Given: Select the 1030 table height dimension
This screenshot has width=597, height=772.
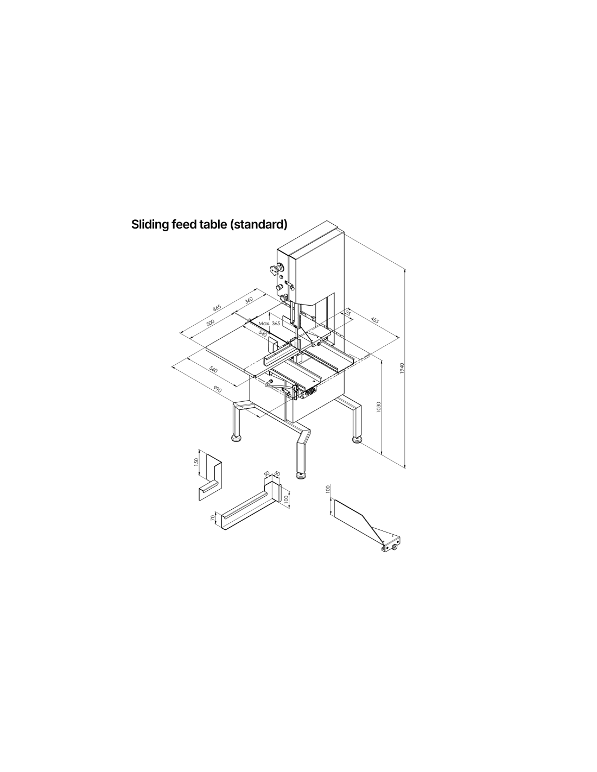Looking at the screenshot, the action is (379, 407).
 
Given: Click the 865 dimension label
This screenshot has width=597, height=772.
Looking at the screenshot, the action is (217, 308).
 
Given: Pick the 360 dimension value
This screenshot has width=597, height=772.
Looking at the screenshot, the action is (249, 300).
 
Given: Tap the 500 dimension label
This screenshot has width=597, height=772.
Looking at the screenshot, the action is (210, 323).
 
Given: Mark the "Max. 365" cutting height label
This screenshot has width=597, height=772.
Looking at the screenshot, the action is (269, 324).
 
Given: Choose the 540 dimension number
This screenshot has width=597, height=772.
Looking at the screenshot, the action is (263, 334).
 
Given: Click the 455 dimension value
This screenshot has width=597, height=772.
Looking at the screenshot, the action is (374, 320).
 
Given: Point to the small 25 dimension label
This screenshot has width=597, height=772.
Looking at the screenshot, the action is (348, 313).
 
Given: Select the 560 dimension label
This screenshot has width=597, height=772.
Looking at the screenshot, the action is (213, 370).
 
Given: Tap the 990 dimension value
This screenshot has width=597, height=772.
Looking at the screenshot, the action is (217, 390).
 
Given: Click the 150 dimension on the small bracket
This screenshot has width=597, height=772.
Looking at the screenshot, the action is (196, 461).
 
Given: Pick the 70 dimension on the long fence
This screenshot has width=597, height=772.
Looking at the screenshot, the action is (213, 517).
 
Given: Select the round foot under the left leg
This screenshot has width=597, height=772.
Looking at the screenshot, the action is (237, 438).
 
